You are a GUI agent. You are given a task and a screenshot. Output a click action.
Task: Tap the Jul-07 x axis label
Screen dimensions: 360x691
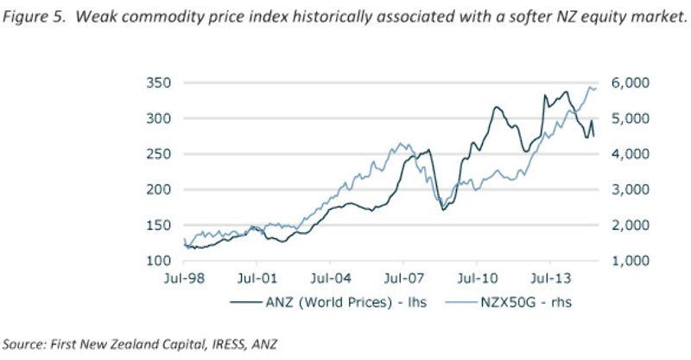click(404, 280)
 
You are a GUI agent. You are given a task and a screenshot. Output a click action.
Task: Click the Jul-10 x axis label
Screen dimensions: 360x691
click(478, 280)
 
